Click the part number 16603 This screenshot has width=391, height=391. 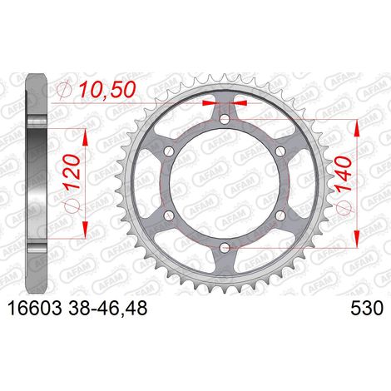coord(35,308)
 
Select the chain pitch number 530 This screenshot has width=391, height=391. coord(367,308)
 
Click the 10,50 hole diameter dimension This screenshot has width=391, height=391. coord(107,90)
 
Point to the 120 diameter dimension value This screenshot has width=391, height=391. coord(73,171)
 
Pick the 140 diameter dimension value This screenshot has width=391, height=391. coord(343,174)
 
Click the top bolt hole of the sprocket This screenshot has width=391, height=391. coord(225,120)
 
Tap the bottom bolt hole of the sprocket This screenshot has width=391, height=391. coord(225,247)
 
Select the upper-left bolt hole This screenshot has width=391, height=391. coord(169,151)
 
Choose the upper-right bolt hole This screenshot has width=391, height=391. coord(280,151)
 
